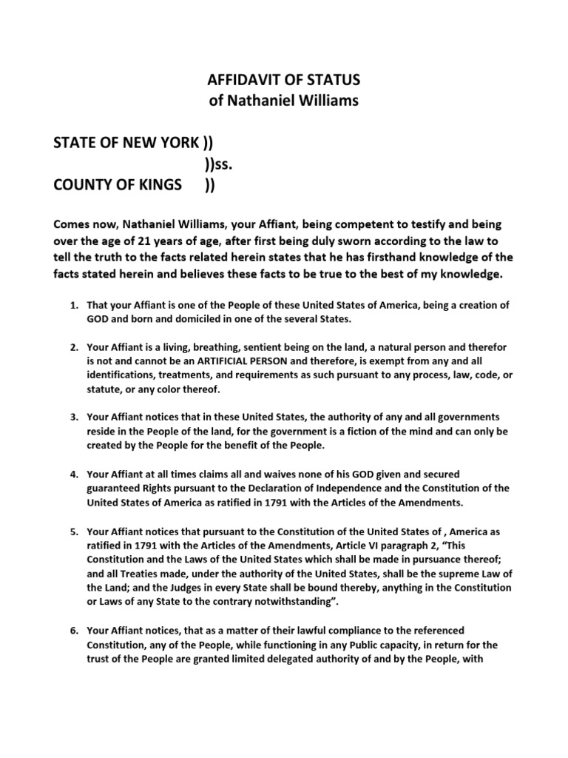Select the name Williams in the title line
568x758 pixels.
[x=329, y=101]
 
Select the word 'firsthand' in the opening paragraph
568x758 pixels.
[x=412, y=258]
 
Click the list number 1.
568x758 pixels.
[x=74, y=305]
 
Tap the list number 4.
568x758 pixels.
[x=74, y=474]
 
